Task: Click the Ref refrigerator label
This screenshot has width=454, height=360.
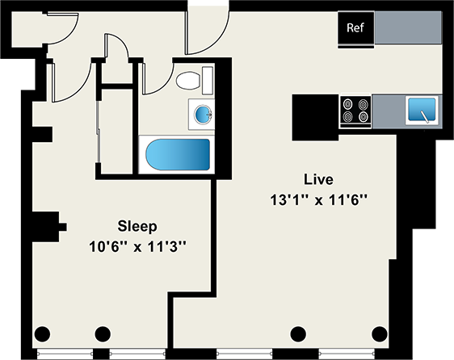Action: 355,28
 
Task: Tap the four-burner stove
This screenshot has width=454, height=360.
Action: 355,111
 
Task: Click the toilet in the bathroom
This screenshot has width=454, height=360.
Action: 188,81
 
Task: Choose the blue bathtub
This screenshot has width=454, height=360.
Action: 175,153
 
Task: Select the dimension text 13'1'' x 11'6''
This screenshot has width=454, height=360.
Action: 319,199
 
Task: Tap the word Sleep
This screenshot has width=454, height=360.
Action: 137,225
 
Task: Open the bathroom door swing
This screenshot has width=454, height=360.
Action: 152,74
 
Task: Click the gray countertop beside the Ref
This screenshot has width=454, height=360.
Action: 407,28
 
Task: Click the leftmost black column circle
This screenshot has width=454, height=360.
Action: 44,333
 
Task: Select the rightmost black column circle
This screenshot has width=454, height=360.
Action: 378,333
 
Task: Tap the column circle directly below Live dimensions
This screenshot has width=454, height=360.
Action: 299,333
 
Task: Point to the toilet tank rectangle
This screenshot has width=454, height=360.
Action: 207,80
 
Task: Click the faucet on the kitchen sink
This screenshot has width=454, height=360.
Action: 425,115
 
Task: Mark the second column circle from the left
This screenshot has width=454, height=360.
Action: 103,333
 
